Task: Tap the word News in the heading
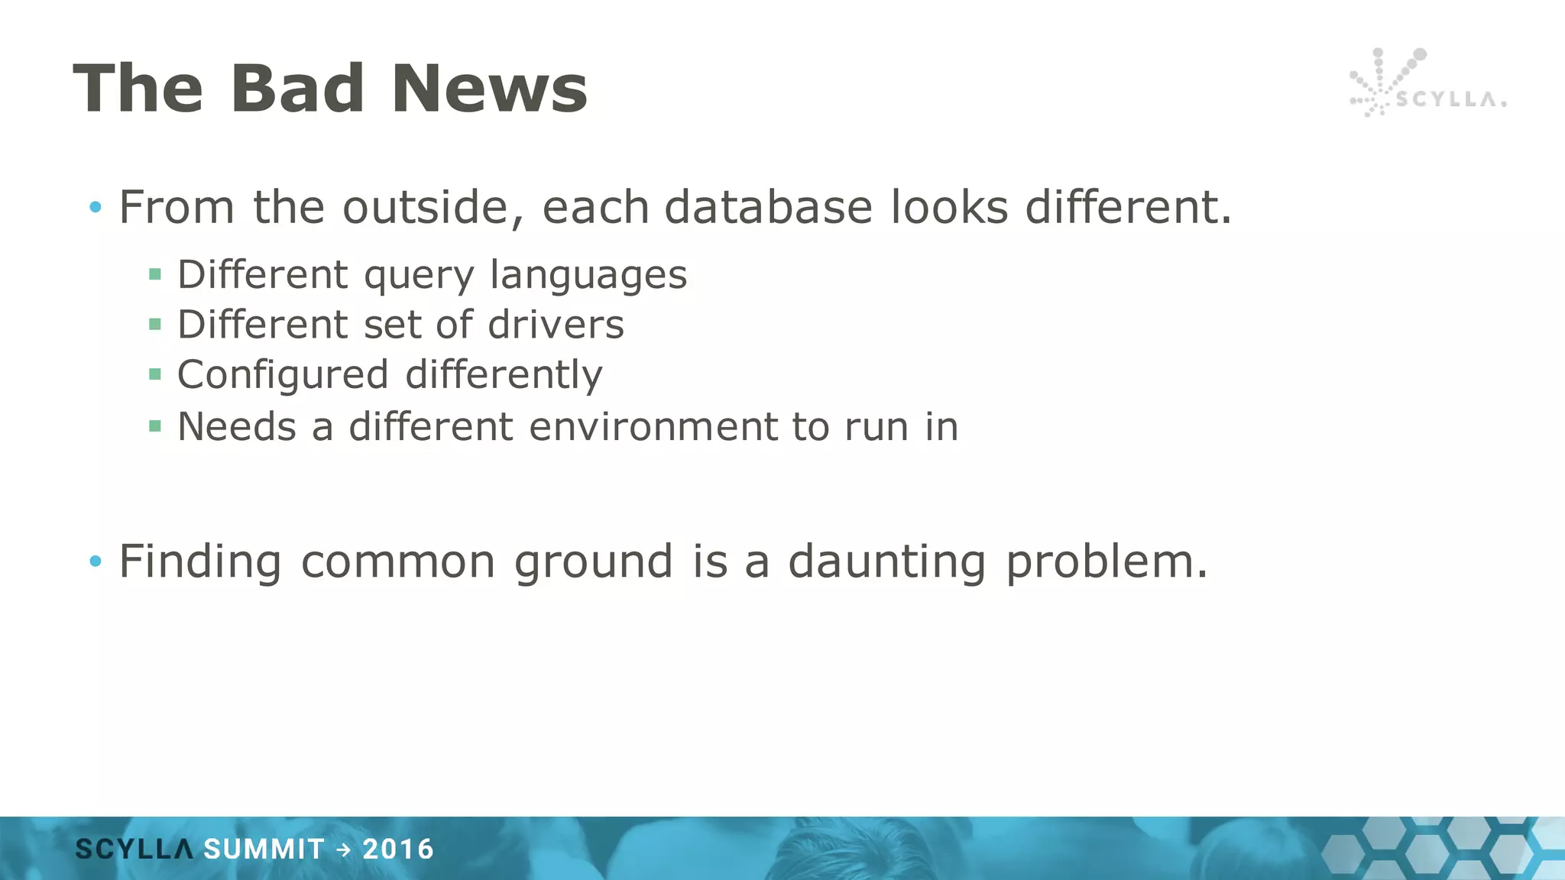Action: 489,89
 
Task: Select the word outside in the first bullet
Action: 433,207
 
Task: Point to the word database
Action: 767,207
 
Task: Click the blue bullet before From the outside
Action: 95,207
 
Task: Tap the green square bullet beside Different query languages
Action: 155,274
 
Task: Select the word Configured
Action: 283,375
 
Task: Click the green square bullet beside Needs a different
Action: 155,426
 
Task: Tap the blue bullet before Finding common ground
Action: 95,561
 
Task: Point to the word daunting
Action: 886,562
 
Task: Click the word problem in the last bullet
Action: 1106,562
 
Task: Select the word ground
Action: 593,562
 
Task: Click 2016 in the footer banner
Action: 398,849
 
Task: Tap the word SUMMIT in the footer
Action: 264,849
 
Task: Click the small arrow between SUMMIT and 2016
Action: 344,849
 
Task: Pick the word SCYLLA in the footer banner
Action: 134,849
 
